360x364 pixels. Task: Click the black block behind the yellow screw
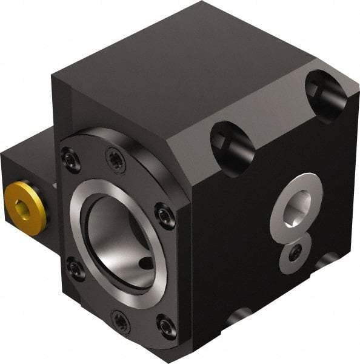(x=27, y=170)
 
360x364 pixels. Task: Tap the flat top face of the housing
(x=182, y=61)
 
